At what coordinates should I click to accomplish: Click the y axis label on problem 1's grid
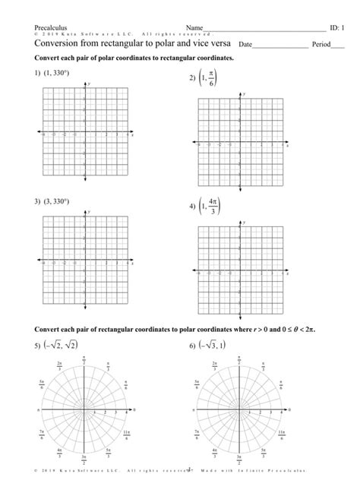[x=89, y=83]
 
